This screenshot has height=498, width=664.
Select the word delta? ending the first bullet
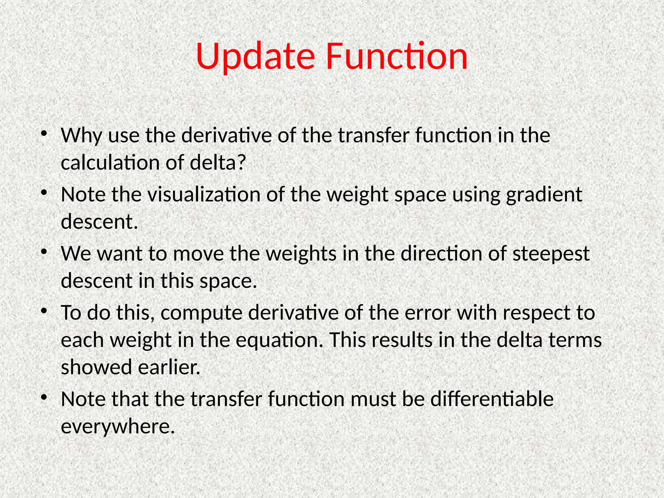218,162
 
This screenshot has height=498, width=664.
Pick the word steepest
551,254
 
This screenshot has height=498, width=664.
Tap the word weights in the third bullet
301,254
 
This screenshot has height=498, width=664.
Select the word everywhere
118,426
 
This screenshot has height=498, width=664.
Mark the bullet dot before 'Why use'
44,134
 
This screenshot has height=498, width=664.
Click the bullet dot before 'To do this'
44,311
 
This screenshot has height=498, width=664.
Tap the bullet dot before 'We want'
44,252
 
